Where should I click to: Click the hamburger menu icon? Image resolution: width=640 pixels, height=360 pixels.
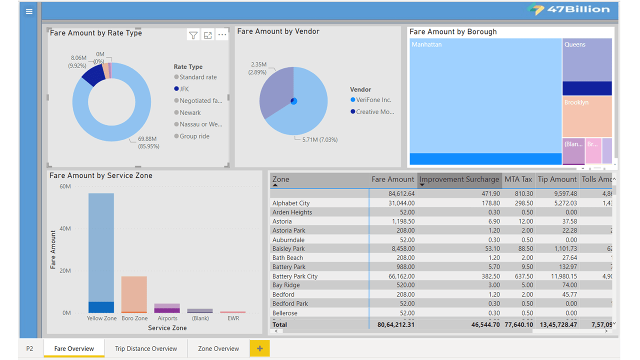29,11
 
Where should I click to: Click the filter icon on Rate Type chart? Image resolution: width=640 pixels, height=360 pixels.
193,35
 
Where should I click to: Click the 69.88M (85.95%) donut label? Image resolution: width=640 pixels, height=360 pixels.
147,142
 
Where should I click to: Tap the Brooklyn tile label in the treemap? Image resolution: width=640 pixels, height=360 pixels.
576,102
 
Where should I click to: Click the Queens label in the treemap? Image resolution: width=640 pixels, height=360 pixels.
575,44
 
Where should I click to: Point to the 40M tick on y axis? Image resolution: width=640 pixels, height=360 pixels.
65,228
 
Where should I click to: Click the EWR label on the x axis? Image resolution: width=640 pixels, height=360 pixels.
233,318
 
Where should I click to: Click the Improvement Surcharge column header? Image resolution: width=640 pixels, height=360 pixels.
459,179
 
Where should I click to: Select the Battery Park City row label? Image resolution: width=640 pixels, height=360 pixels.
295,276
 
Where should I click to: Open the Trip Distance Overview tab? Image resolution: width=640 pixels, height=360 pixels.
146,348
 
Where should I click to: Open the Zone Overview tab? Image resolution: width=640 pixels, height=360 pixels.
218,348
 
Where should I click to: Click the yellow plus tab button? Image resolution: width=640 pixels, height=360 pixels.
259,348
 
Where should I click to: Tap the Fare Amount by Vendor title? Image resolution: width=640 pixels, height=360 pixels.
278,31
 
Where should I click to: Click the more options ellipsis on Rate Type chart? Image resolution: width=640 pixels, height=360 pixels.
222,35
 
